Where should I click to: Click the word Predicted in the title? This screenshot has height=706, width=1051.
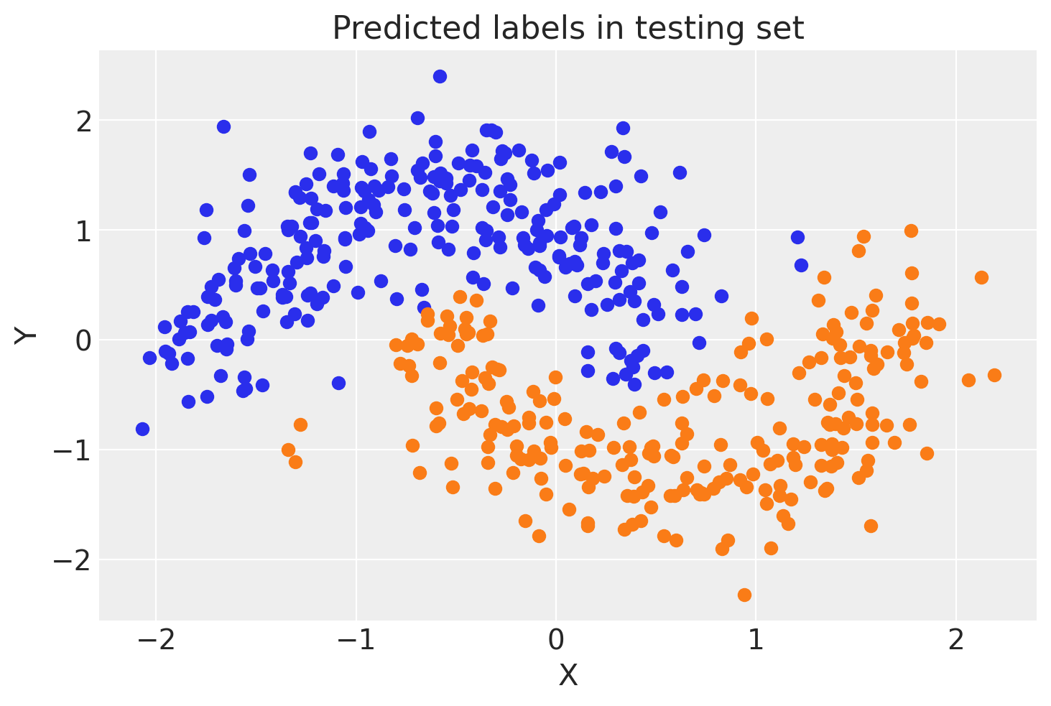pos(393,29)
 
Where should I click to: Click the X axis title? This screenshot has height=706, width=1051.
pos(568,675)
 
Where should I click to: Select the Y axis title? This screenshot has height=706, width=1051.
pos(27,335)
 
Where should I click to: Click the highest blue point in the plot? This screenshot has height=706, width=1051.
pos(440,76)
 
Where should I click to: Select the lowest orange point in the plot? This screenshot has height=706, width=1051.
pos(744,595)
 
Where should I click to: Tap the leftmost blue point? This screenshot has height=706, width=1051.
pos(142,429)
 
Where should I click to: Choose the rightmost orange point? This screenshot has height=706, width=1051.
pos(994,375)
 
